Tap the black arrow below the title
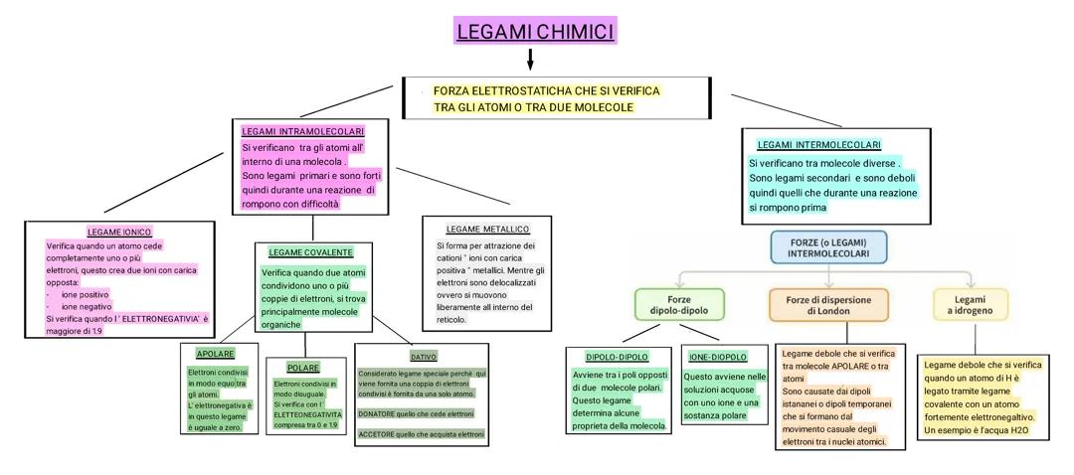[x=530, y=60]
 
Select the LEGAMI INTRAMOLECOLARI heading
[x=303, y=131]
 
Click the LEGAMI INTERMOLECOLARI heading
[x=818, y=145]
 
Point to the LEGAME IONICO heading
[x=119, y=232]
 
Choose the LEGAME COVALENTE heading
[x=310, y=252]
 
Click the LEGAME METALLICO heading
[x=487, y=229]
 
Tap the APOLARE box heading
[x=215, y=354]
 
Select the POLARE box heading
[x=302, y=368]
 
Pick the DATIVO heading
[x=423, y=356]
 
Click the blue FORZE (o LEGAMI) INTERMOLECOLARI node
[x=827, y=248]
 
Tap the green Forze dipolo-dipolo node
[x=679, y=304]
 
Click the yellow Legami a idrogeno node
[x=970, y=304]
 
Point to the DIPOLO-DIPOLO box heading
[x=617, y=357]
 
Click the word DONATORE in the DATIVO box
[x=380, y=411]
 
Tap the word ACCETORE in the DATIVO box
[x=379, y=434]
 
